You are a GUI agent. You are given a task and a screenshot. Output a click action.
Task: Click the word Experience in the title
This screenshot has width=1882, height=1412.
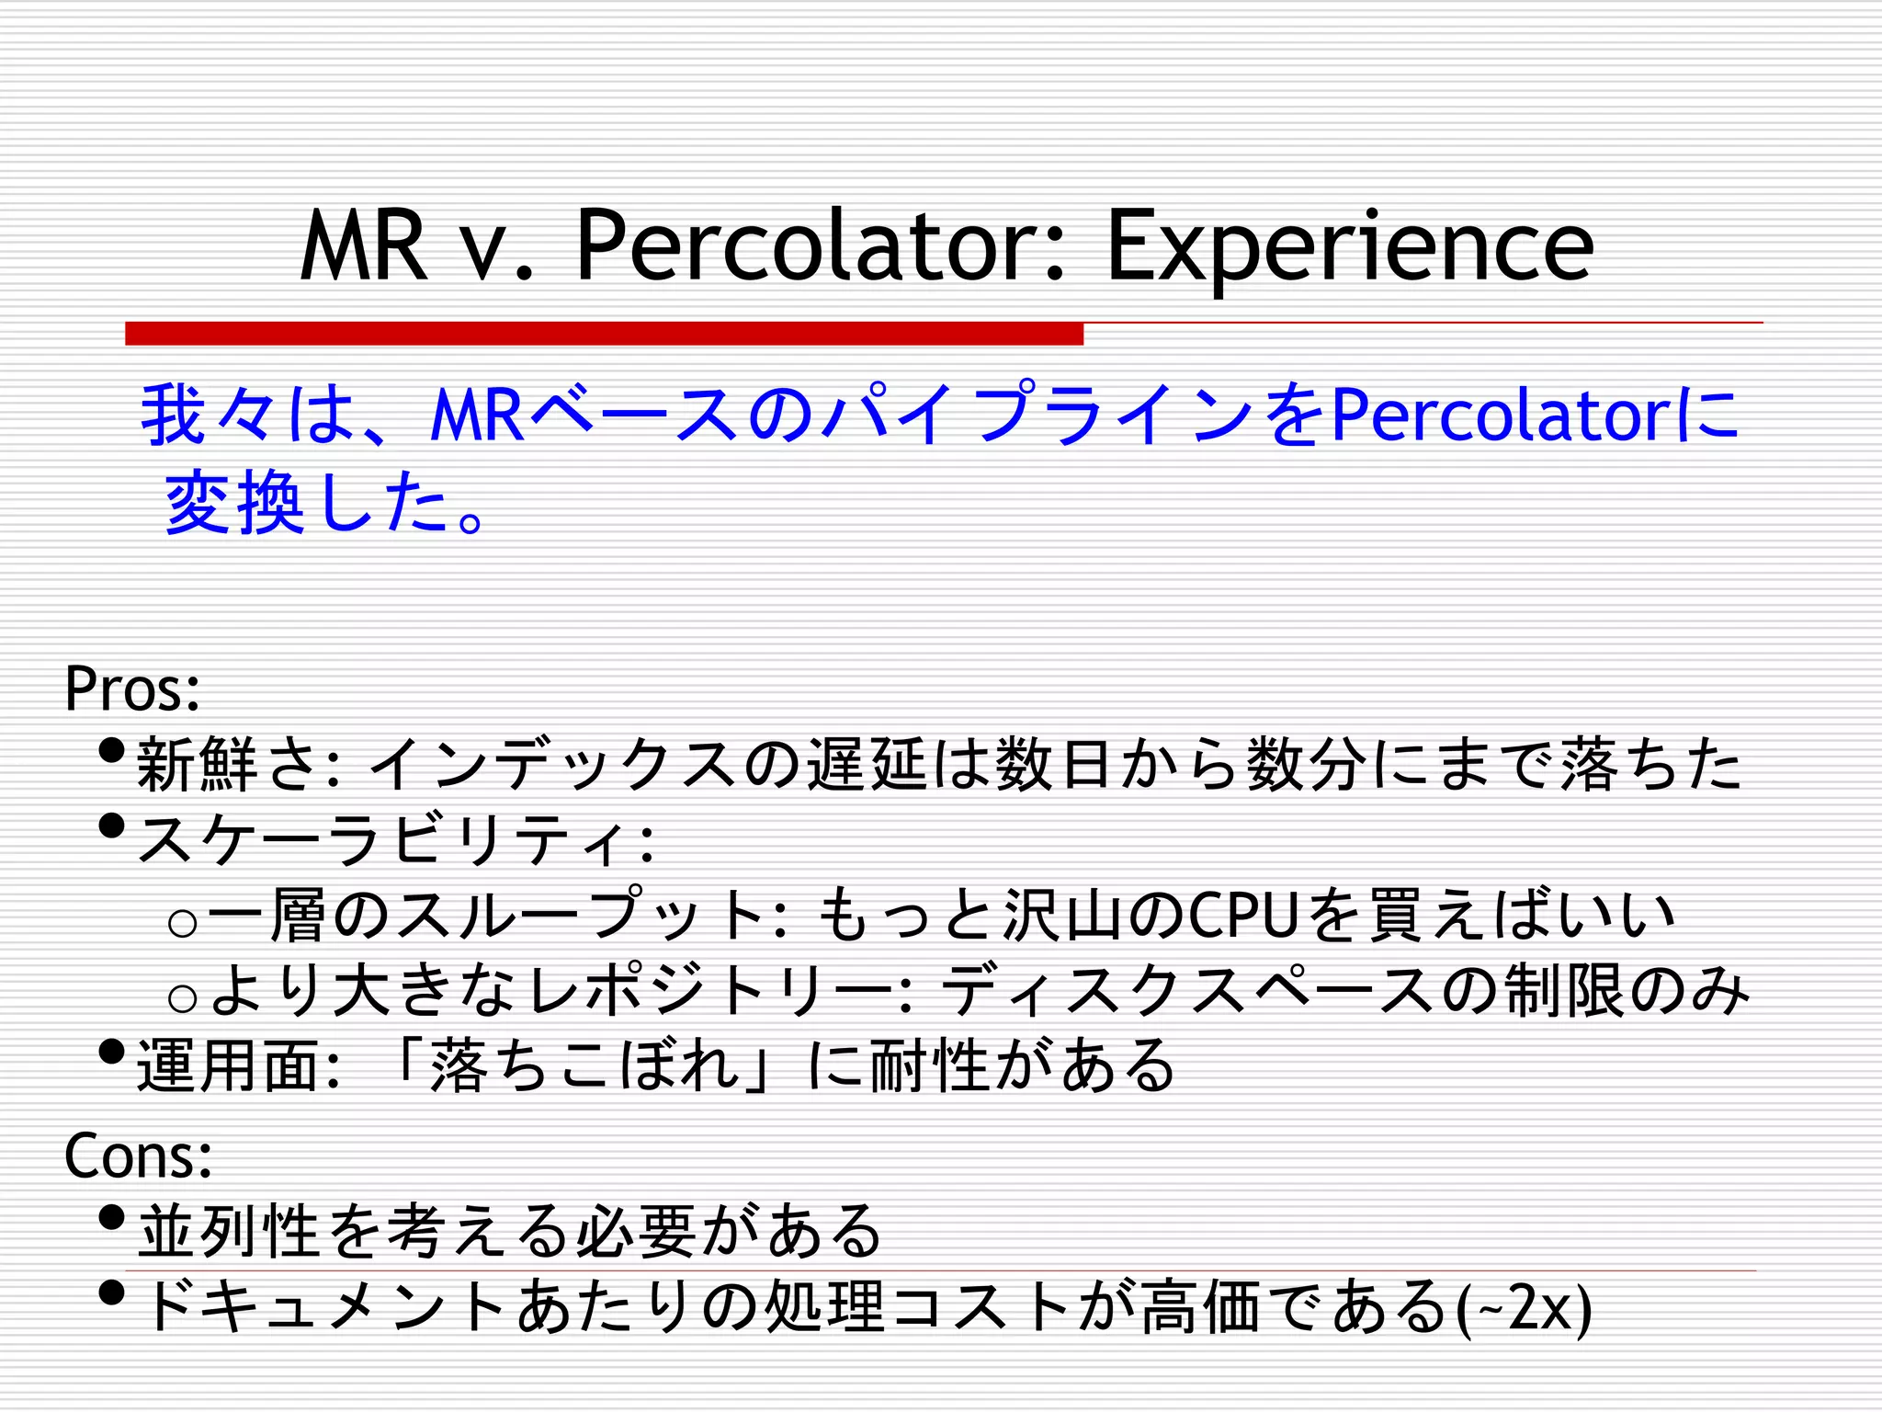pyautogui.click(x=1349, y=246)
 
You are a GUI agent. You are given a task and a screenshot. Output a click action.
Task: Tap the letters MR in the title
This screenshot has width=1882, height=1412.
pyautogui.click(x=364, y=246)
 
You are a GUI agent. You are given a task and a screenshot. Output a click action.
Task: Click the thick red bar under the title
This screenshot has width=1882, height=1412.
pyautogui.click(x=604, y=333)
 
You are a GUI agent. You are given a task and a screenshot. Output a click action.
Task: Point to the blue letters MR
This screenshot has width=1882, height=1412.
pyautogui.click(x=477, y=416)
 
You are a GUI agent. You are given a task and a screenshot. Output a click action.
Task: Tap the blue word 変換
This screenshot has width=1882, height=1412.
pyautogui.click(x=234, y=503)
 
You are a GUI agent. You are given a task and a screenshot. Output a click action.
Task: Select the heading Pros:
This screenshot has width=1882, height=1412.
pyautogui.click(x=132, y=689)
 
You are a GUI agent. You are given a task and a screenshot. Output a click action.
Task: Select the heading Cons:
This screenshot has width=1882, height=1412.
pyautogui.click(x=138, y=1156)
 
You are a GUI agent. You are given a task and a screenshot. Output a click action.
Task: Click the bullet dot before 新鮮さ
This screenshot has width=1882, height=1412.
pyautogui.click(x=110, y=751)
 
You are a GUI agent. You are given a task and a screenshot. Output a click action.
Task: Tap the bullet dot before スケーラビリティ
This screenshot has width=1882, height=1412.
pyautogui.click(x=110, y=826)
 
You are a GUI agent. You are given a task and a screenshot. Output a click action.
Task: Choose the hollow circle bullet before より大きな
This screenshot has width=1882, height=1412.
pyautogui.click(x=183, y=997)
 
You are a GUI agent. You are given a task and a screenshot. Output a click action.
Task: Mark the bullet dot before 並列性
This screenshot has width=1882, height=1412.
pyautogui.click(x=110, y=1218)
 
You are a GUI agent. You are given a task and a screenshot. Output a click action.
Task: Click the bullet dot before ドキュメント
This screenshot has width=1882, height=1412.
pyautogui.click(x=110, y=1293)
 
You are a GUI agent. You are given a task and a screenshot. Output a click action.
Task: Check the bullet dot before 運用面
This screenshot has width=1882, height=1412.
pyautogui.click(x=110, y=1052)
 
